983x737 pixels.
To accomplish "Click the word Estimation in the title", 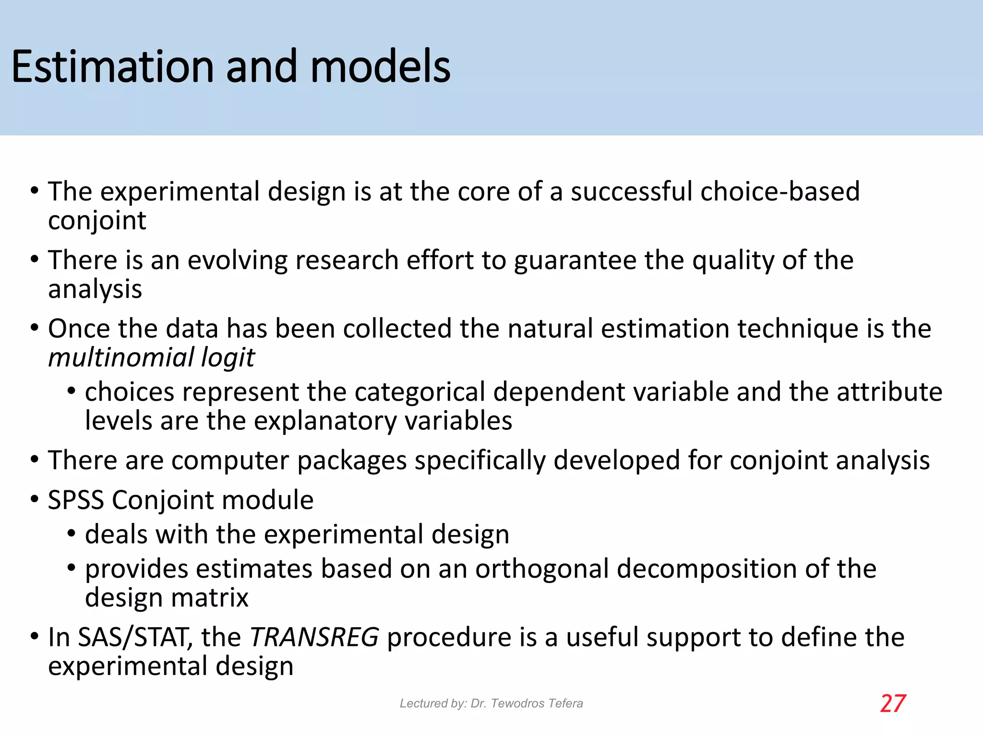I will coord(113,67).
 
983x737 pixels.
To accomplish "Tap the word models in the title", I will coord(381,67).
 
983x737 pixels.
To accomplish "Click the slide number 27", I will coord(893,703).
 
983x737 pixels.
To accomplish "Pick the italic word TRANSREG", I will coord(314,637).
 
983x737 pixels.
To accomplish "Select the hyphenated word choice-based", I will coord(780,191).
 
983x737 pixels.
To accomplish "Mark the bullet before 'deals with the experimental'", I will coord(72,534).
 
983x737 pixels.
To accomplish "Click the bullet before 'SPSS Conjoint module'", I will coord(34,499).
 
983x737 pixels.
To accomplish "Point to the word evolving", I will coord(237,261).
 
